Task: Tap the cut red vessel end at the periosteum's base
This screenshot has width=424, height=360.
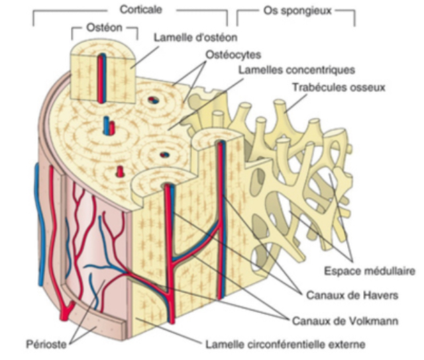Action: coord(64,315)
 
